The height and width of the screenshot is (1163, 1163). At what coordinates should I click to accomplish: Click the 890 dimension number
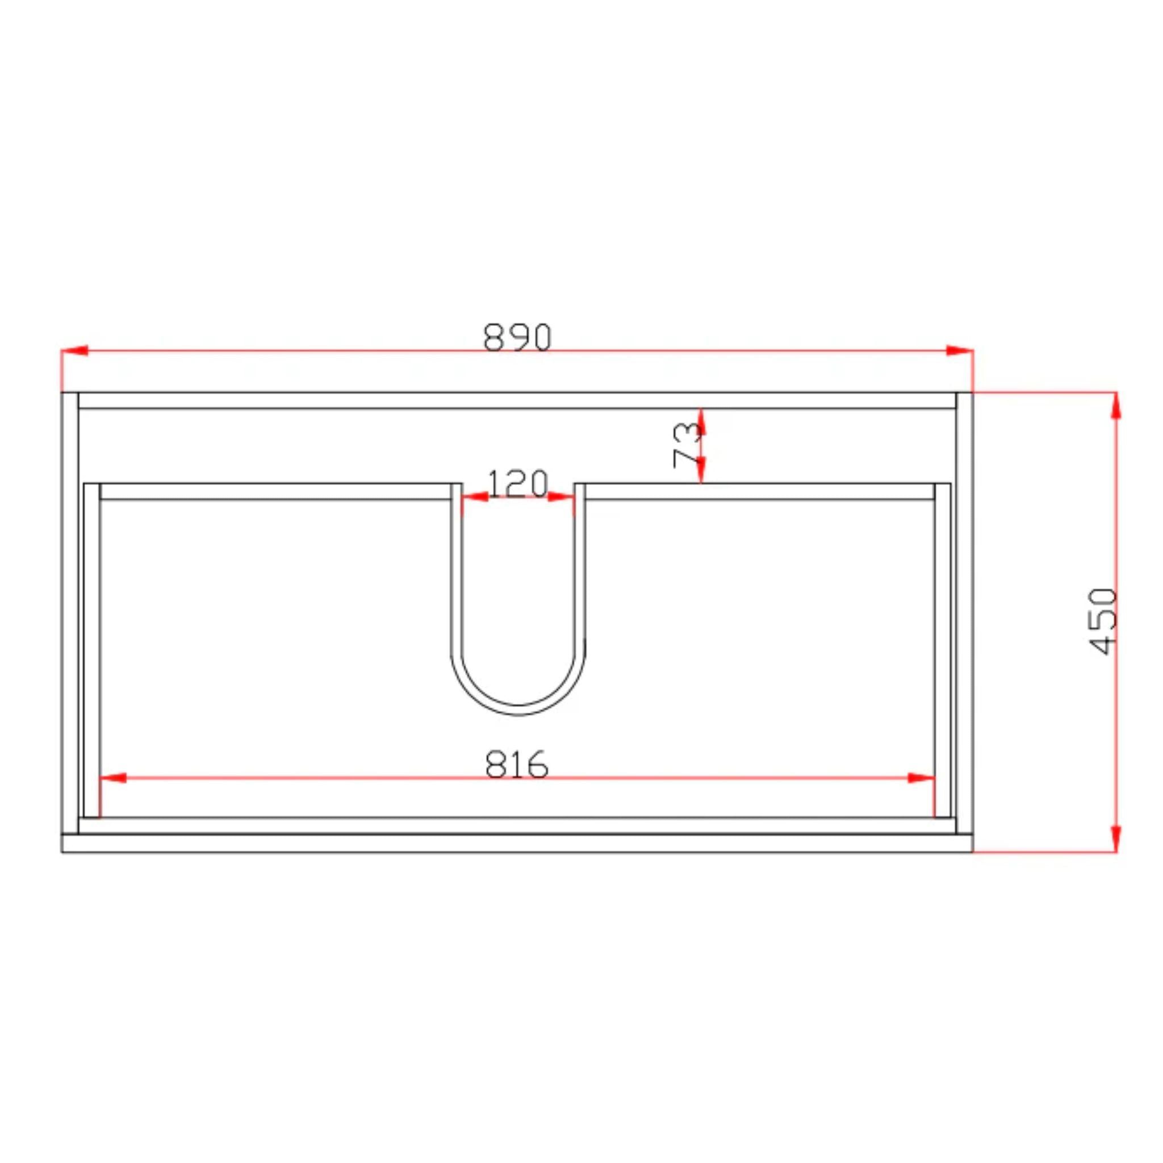517,337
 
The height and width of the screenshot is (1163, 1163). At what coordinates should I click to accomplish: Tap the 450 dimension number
1103,621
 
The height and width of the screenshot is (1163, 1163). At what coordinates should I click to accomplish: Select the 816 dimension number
517,764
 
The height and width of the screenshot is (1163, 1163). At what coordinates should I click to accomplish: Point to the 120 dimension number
517,483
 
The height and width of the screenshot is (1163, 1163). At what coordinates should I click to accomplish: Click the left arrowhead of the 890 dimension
74,350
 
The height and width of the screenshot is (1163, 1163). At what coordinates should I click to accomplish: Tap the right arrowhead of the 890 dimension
960,350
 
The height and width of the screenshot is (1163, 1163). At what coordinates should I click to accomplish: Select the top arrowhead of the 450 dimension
1116,405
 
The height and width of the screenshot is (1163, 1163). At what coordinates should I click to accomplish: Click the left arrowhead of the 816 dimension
113,778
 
